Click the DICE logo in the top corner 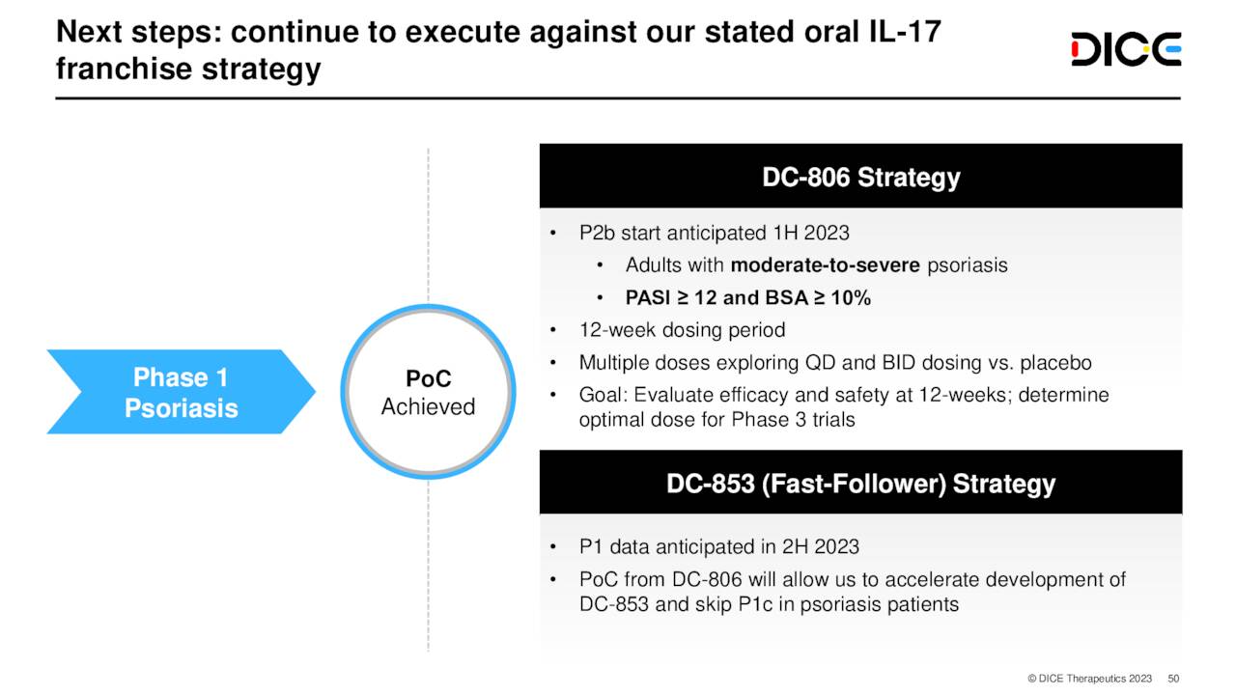1126,49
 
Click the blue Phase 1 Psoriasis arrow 182,392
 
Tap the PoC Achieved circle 428,392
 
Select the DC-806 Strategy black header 860,178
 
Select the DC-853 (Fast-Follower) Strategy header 860,483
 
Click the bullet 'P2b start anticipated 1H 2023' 714,234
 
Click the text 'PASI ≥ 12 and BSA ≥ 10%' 747,298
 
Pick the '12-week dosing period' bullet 682,330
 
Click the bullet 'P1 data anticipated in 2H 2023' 718,547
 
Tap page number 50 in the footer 1173,679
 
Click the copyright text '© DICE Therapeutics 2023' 1090,679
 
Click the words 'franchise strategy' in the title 188,69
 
